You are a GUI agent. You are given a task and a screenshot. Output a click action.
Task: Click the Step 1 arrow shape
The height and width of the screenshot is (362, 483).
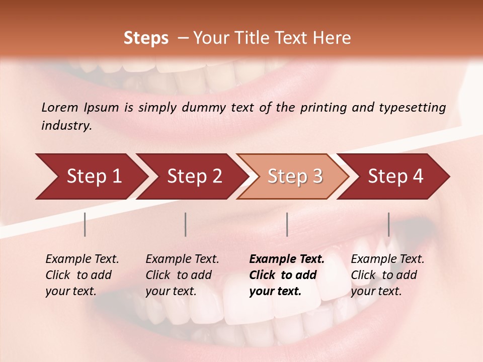tap(93, 176)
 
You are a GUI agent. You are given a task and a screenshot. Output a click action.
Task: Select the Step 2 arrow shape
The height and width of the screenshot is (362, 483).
tap(194, 176)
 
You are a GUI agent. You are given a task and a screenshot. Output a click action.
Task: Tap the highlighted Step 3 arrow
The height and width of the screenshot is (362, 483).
tap(295, 176)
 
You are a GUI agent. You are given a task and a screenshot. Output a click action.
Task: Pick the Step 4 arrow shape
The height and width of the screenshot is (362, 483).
tap(395, 176)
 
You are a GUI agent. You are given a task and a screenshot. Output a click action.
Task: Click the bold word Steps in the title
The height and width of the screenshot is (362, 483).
tap(146, 38)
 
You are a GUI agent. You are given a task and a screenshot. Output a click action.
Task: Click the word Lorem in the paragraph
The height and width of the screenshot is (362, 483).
tap(59, 107)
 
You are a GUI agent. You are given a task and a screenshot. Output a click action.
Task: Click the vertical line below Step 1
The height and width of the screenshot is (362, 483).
tap(85, 224)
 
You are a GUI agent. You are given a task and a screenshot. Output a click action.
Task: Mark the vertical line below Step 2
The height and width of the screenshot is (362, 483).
tap(186, 224)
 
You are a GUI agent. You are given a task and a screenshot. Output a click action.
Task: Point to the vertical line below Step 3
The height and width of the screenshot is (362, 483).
tap(287, 224)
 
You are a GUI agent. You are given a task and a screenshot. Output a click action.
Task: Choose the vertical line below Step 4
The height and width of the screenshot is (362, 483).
tap(388, 224)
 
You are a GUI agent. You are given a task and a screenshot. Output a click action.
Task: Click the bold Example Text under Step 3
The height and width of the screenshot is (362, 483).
tap(287, 259)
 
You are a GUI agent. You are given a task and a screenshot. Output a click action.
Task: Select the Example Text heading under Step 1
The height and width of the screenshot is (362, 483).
tap(82, 259)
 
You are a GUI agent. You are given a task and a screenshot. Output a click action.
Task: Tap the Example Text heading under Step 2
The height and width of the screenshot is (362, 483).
tap(182, 259)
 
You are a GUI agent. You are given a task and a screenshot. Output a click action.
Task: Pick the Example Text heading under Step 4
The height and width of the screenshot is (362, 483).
tap(387, 259)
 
